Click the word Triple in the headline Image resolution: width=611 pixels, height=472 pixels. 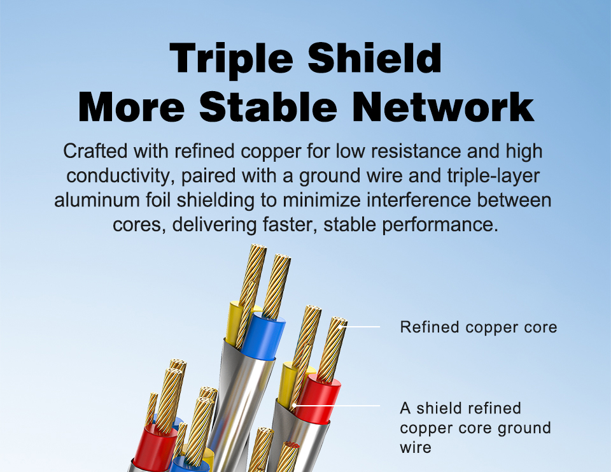click(x=232, y=59)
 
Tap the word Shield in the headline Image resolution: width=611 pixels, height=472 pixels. click(x=375, y=58)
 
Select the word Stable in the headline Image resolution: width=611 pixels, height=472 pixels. click(x=268, y=106)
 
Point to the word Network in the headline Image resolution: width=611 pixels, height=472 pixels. click(x=444, y=106)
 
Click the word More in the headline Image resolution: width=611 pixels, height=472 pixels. click(x=131, y=106)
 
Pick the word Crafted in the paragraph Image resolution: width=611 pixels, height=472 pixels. click(x=95, y=151)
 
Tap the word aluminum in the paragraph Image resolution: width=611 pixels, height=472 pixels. click(x=97, y=200)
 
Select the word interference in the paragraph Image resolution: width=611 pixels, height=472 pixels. click(x=419, y=200)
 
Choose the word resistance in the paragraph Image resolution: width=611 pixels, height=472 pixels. click(x=416, y=151)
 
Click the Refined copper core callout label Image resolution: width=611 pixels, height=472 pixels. click(x=479, y=327)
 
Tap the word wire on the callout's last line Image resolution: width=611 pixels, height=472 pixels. click(x=416, y=447)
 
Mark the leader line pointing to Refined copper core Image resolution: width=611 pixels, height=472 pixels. click(x=362, y=327)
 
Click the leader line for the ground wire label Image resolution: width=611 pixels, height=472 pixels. click(x=337, y=406)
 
